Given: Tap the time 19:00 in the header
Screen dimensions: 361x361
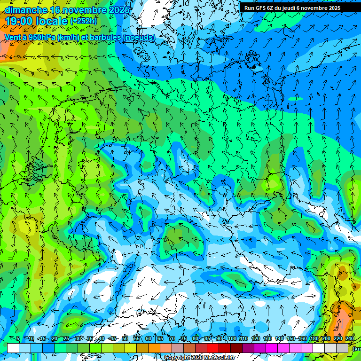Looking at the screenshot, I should point(18,21).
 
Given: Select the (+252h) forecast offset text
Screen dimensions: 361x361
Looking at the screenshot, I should point(83,21).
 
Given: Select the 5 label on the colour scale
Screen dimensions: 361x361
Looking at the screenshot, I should point(18,339).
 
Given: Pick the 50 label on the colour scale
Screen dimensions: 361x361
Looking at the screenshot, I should point(125,339).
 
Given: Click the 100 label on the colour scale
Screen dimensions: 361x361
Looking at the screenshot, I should point(231,339).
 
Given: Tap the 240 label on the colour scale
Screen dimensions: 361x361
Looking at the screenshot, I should point(349,339).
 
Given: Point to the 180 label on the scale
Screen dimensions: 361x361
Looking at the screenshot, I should point(314,339).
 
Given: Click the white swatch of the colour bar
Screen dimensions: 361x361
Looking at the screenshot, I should point(13,348).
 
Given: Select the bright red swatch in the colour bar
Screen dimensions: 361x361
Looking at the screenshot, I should point(213,348).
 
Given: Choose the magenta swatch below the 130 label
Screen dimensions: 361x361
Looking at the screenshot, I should point(272,348).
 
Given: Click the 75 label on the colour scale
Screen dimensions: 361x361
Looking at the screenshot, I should point(184,339).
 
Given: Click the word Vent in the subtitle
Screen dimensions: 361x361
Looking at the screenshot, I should point(13,37).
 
